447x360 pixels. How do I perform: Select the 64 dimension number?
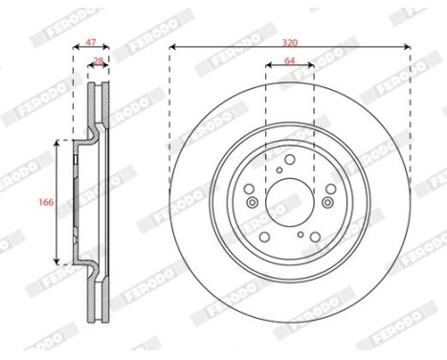tap(289, 61)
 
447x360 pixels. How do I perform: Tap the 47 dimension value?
tap(92, 44)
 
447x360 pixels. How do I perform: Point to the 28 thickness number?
tap(98, 61)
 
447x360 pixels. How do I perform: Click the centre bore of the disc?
tap(289, 201)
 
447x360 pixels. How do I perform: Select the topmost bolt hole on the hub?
tap(289, 159)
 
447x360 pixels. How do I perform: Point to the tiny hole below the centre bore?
tap(301, 236)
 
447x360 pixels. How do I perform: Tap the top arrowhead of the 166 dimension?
tap(60, 143)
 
